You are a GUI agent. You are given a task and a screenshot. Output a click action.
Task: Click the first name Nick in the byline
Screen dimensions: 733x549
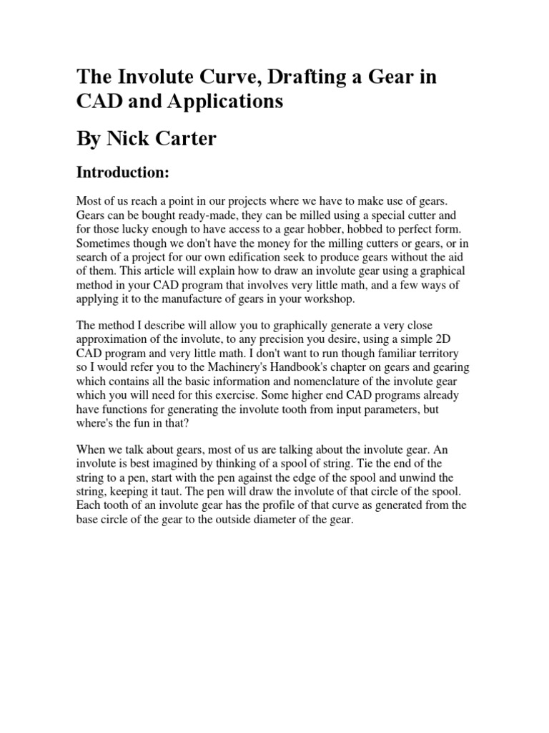tap(127, 138)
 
